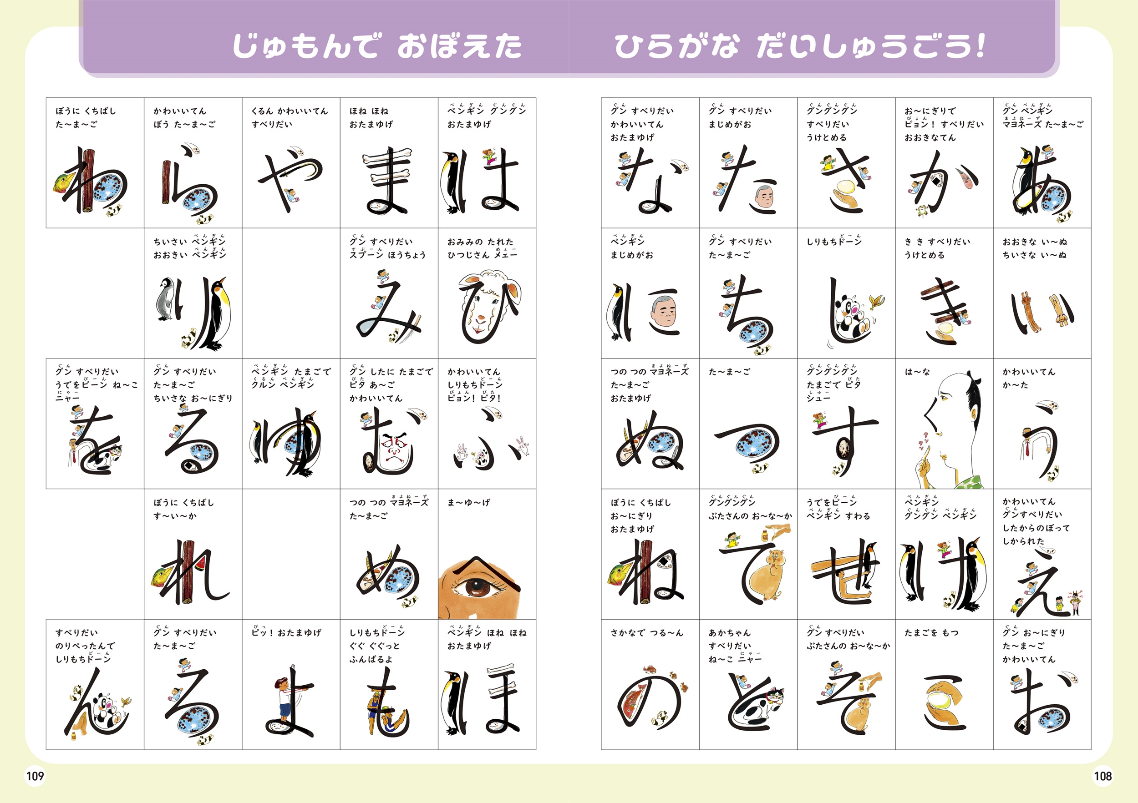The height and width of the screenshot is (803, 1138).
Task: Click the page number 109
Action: click(35, 776)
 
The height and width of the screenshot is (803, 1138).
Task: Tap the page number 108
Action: click(1102, 776)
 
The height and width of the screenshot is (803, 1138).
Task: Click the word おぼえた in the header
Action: click(459, 46)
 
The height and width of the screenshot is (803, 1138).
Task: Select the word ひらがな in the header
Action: click(676, 46)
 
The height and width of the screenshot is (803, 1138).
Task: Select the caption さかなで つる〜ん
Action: click(646, 632)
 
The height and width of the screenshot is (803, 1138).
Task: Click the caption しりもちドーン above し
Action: click(834, 241)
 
